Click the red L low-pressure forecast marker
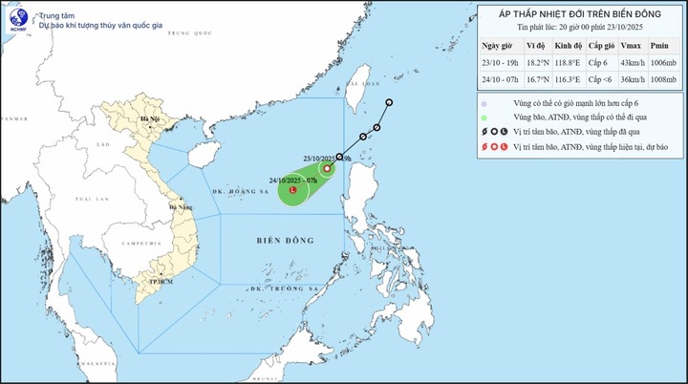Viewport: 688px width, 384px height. pos(291,189)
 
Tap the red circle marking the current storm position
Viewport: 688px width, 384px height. pos(327,169)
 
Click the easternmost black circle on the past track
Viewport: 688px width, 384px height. pos(390,103)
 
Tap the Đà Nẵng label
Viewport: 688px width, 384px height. pos(178,207)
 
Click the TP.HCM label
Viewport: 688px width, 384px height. pos(146,284)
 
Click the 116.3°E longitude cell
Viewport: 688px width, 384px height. pos(566,80)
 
